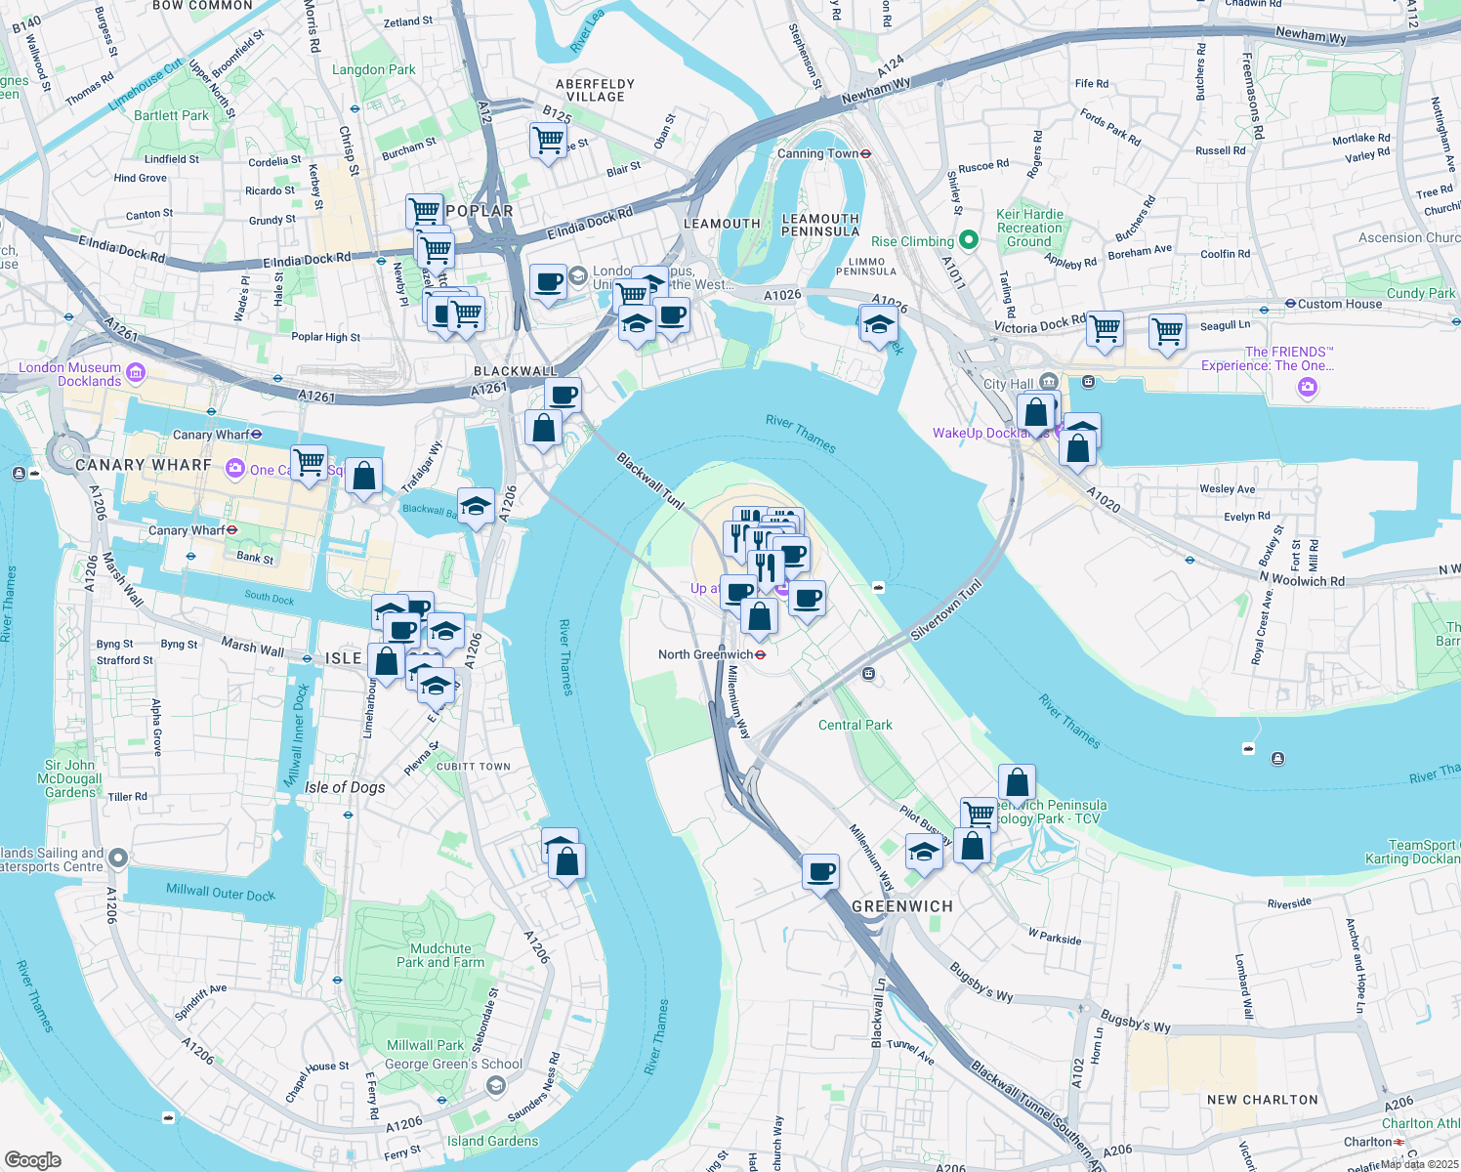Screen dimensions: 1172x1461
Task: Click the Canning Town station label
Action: click(x=817, y=153)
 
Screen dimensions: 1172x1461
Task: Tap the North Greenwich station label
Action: click(x=705, y=654)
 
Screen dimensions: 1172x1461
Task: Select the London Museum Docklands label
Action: click(x=70, y=374)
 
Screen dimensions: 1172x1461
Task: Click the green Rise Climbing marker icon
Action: click(x=968, y=239)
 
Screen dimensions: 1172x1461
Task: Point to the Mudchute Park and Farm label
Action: click(x=440, y=955)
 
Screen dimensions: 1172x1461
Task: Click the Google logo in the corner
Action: click(x=32, y=1159)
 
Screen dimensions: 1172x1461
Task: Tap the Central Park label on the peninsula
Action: click(x=855, y=725)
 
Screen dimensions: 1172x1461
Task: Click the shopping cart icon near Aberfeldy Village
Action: click(x=549, y=140)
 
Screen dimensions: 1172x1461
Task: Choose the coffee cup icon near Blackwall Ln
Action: click(x=821, y=870)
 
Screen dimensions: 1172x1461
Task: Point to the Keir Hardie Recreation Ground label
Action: click(x=1029, y=228)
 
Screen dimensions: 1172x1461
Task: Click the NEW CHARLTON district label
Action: click(x=1262, y=1100)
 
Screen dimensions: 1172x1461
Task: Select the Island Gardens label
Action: click(x=492, y=1141)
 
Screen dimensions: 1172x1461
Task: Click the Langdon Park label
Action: click(x=373, y=69)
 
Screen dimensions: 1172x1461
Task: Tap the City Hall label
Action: click(x=1008, y=384)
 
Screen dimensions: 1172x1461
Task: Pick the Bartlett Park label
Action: click(x=171, y=115)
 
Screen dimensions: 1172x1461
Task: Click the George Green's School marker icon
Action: click(x=496, y=1085)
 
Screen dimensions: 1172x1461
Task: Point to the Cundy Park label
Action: click(x=1420, y=293)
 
